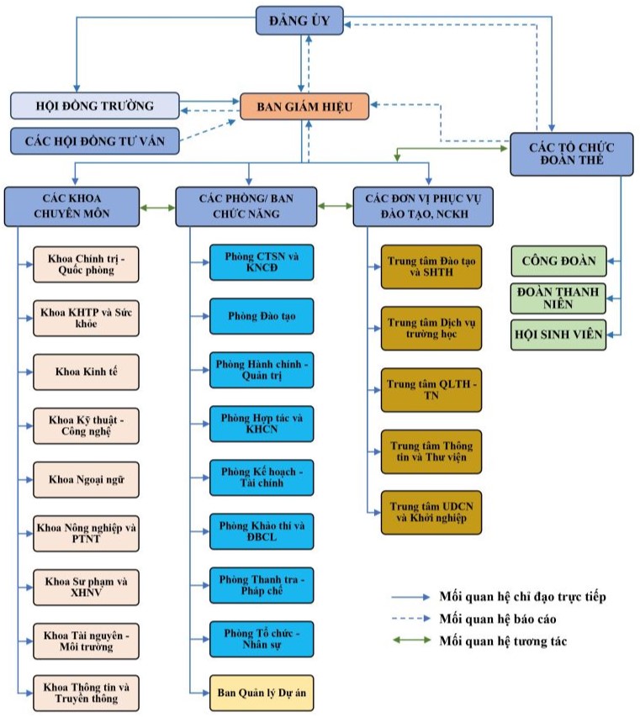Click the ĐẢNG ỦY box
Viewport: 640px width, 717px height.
tap(299, 20)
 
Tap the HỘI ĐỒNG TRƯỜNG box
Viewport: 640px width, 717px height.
tap(95, 106)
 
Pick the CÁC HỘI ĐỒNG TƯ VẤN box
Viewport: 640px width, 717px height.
tap(95, 140)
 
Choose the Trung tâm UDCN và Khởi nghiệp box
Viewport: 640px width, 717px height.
tap(431, 512)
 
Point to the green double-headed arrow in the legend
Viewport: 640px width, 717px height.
tap(410, 641)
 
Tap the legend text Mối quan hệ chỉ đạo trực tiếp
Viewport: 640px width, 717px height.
tap(521, 597)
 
